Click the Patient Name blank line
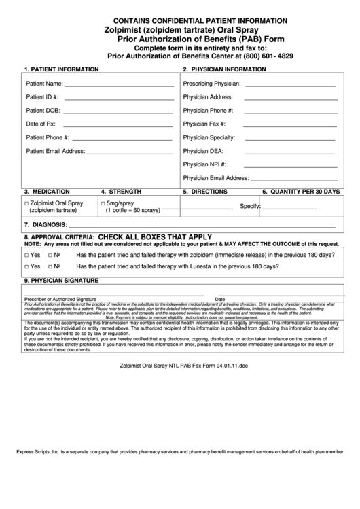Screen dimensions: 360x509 (x=119, y=86)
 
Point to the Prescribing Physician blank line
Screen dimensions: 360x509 (x=290, y=86)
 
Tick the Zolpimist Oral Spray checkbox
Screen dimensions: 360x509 (x=26, y=204)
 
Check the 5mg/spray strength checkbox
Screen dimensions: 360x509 (x=103, y=204)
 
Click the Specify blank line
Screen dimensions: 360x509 (x=290, y=208)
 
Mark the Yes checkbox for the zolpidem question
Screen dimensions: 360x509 (x=26, y=255)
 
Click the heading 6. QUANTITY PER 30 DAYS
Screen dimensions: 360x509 (x=300, y=192)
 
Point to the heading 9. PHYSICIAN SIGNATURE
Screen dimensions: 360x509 (x=62, y=280)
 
